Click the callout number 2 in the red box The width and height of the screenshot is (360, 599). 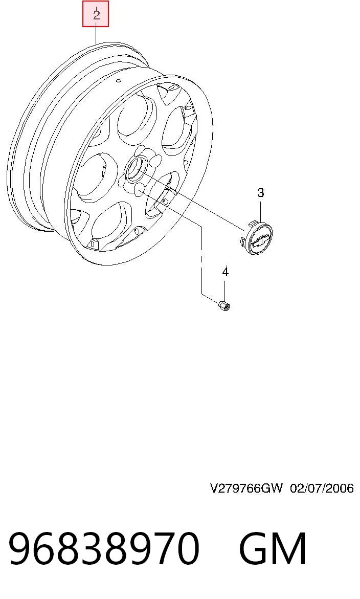pos(96,14)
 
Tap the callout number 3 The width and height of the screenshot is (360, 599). pos(260,192)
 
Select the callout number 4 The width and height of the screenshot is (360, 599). pos(225,272)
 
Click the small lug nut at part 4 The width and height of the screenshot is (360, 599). pos(223,305)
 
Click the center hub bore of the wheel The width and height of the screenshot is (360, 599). pos(135,169)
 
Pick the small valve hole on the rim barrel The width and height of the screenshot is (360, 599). pos(118,81)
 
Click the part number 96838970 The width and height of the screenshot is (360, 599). pos(104,548)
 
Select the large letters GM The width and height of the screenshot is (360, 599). pos(272,548)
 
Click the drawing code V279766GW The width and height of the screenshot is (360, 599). pos(246,488)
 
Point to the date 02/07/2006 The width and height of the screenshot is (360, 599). pos(322,488)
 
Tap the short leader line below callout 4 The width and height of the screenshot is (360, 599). pos(225,290)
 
